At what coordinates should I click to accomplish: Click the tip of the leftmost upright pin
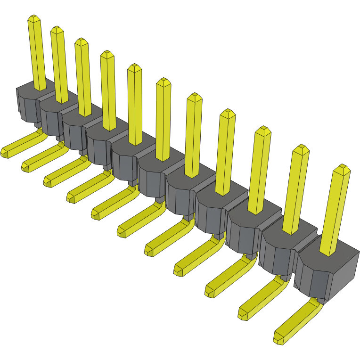coord(33,19)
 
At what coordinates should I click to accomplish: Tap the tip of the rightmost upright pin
coord(342,168)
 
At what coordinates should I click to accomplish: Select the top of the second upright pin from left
coord(57,30)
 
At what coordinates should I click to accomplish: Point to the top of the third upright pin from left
coord(82,42)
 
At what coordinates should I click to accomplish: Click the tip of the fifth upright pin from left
coord(135,68)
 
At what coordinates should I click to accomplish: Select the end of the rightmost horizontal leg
coord(278,337)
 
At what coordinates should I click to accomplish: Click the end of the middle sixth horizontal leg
coord(122,231)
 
